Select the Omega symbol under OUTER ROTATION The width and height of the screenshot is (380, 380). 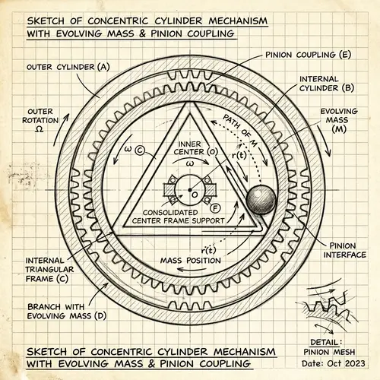pyautogui.click(x=40, y=130)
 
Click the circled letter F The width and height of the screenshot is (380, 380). pyautogui.click(x=216, y=207)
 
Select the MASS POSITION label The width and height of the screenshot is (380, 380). pyautogui.click(x=191, y=261)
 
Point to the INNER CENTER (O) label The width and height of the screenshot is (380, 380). pyautogui.click(x=181, y=147)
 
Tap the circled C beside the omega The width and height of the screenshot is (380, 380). pyautogui.click(x=140, y=150)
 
